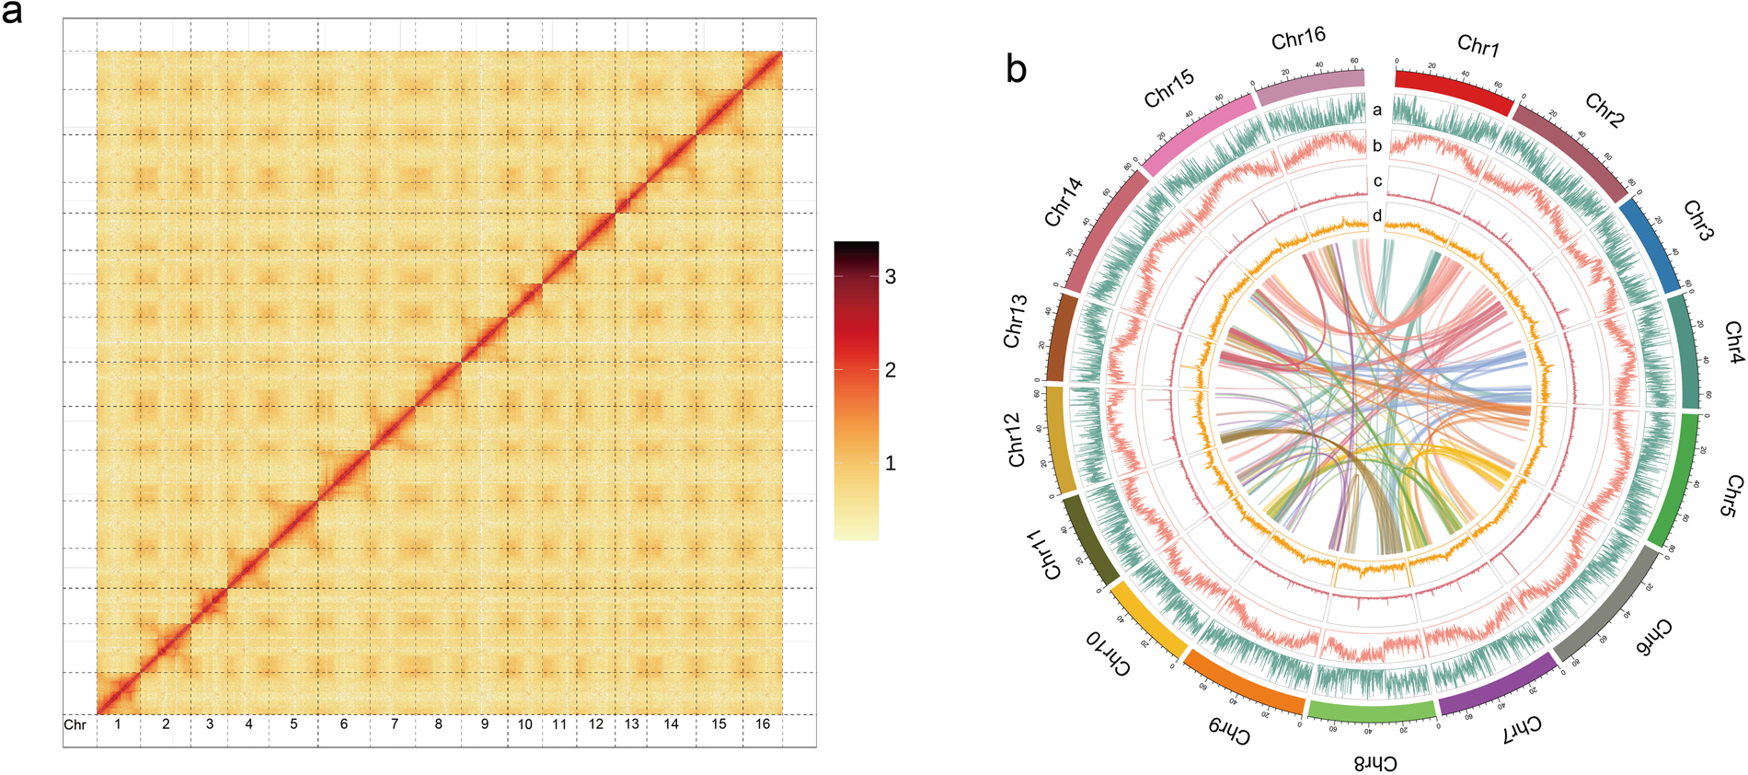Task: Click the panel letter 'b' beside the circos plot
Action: [x=1016, y=69]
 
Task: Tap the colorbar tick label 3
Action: [x=890, y=277]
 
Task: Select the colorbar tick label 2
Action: [x=890, y=370]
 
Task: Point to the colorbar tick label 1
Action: [x=890, y=463]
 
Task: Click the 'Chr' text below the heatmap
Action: [x=75, y=725]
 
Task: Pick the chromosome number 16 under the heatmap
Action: [x=763, y=724]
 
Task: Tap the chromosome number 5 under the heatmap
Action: [x=293, y=724]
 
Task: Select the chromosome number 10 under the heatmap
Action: [x=524, y=724]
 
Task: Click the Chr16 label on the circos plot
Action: [x=1298, y=39]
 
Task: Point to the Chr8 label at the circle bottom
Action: [x=1375, y=763]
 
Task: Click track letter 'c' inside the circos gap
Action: [x=1377, y=181]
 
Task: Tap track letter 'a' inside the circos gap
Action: [x=1377, y=110]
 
